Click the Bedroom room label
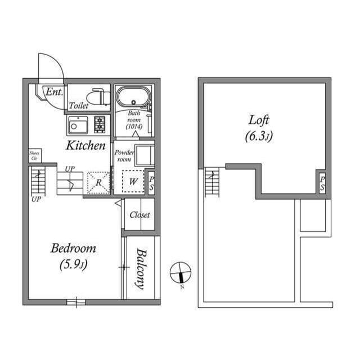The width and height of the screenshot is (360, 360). (73, 248)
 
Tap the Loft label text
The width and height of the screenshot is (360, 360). (259, 120)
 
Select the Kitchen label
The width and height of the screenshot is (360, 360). (86, 146)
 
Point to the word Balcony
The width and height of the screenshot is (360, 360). (140, 268)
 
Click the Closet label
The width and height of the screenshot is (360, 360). (139, 215)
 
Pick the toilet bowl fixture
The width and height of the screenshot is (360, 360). (100, 96)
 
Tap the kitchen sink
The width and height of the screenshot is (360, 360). (78, 124)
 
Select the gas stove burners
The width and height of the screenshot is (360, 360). (100, 124)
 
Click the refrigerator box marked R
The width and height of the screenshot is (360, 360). (98, 182)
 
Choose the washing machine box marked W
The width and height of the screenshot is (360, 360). (133, 182)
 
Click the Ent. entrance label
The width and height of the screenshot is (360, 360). (54, 92)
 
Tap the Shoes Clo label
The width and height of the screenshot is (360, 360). (34, 155)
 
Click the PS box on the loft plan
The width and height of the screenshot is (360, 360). (321, 183)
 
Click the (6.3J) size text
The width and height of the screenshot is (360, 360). (259, 136)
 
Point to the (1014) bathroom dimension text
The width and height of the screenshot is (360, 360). (133, 127)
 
